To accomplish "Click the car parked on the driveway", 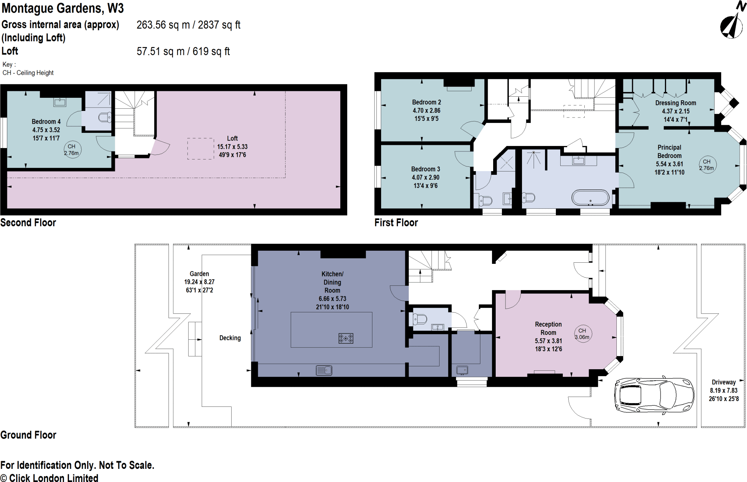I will [x=654, y=395].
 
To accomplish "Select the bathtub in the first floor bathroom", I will [x=590, y=198].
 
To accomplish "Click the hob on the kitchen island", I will [x=345, y=338].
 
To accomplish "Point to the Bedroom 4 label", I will [x=46, y=122].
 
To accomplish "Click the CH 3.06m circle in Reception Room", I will [x=582, y=334].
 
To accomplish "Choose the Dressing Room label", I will [x=676, y=103].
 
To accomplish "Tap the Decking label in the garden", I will [x=230, y=338].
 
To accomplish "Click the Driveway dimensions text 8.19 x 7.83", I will [x=723, y=390].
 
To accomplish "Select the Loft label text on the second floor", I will [x=232, y=138].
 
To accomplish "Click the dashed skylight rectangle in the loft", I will [x=201, y=149].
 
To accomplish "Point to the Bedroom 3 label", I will [x=425, y=169].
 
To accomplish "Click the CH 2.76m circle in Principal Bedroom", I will [x=707, y=165].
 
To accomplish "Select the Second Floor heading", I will [x=28, y=223].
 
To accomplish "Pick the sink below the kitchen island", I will [x=324, y=371].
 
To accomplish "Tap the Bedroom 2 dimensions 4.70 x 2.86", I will [x=426, y=110].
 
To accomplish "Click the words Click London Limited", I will [x=54, y=478].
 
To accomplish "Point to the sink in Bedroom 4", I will [x=60, y=102].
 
